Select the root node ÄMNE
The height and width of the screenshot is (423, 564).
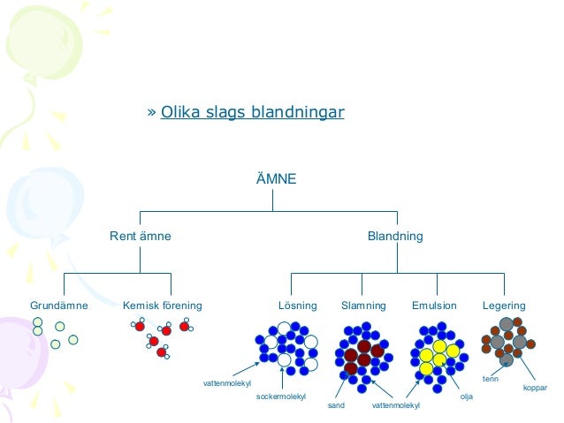point(272,179)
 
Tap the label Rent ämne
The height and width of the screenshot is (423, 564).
point(141,237)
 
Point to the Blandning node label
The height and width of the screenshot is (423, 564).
point(395,237)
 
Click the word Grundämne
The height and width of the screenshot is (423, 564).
point(59,306)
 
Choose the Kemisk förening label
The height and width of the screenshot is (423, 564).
point(163,306)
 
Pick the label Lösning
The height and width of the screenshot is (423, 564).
point(297,306)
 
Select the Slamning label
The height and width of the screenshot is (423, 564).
point(363,306)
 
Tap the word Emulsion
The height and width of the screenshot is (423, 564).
point(434,306)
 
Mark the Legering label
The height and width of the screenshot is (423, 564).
point(504,306)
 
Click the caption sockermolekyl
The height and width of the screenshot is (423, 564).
point(280,397)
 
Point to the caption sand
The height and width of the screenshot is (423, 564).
point(336,405)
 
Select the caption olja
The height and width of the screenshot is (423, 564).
point(467,397)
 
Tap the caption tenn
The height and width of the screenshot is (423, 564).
point(491,379)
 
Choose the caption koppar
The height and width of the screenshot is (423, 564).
point(536,388)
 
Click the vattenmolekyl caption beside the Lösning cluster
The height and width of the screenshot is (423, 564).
point(228,383)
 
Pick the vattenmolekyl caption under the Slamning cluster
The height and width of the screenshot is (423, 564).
point(395,405)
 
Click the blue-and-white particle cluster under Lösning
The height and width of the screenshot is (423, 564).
point(285,350)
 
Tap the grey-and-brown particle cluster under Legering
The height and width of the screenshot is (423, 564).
point(507,344)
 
